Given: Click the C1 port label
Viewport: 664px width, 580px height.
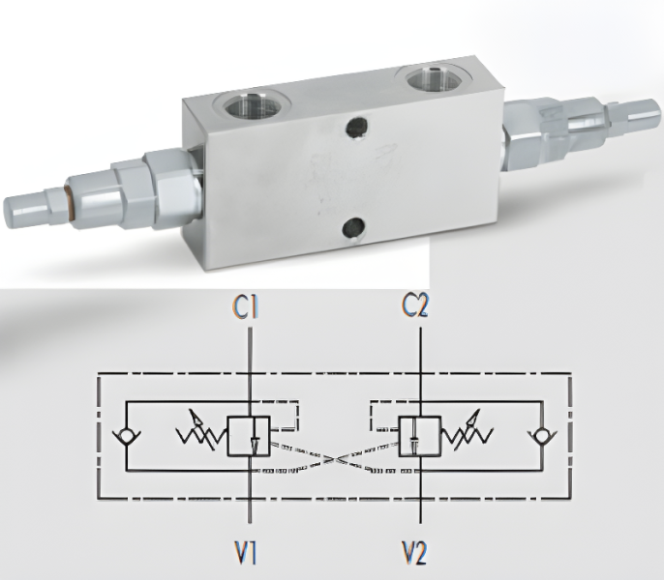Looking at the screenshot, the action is pyautogui.click(x=246, y=306).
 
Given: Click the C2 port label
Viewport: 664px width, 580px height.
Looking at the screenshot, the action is pyautogui.click(x=415, y=305).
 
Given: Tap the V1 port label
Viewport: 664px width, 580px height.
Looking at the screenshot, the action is pyautogui.click(x=245, y=553).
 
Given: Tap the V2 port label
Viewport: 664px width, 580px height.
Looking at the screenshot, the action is pyautogui.click(x=414, y=553).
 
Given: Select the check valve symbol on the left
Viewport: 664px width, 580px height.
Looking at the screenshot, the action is pyautogui.click(x=126, y=436).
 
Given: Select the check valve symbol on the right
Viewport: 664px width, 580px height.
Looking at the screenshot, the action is pyautogui.click(x=542, y=436).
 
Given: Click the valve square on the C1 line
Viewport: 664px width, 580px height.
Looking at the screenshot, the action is pyautogui.click(x=249, y=436).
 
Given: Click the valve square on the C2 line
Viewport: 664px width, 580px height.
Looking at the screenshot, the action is pyautogui.click(x=420, y=436).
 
